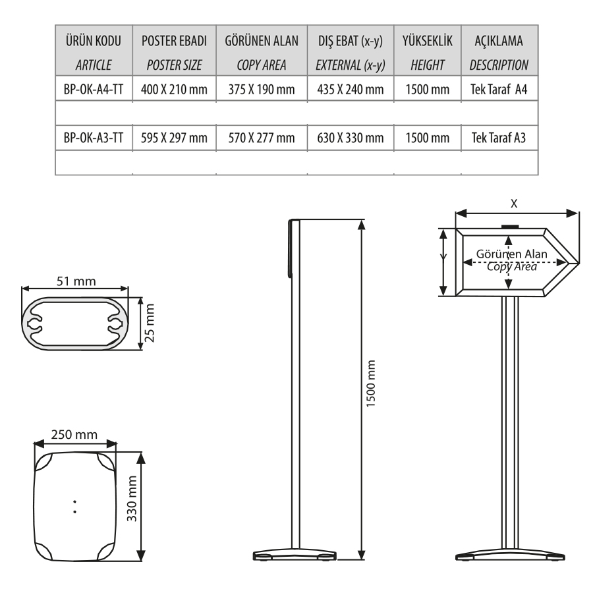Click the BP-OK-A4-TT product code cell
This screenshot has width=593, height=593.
[x=94, y=89]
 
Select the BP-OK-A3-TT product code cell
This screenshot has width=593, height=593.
[x=94, y=138]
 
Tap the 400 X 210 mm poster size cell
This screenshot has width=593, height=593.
[x=174, y=89]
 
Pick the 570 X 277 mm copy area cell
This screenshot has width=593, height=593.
[x=262, y=138]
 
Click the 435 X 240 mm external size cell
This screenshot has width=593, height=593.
[x=351, y=89]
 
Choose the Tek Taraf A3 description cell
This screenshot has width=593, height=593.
[x=499, y=138]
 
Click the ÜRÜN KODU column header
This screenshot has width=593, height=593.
[x=94, y=41]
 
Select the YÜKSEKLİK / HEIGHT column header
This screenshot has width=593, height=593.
[x=428, y=52]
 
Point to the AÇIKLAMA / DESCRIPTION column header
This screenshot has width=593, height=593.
[x=499, y=52]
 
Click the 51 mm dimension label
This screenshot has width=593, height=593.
[x=76, y=281]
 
